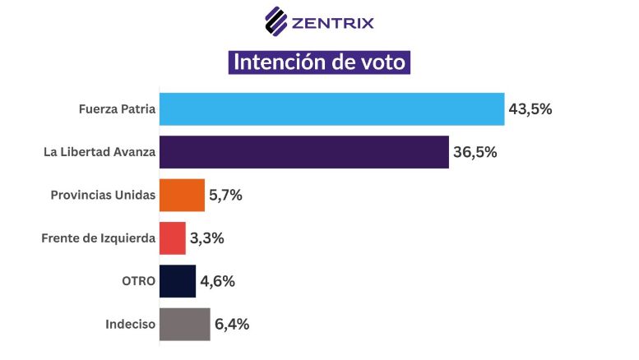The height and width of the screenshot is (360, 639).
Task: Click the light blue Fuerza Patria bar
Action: coord(331,108)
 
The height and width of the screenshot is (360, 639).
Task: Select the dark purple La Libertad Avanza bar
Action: coord(303,152)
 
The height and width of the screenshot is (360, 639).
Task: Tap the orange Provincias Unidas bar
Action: coord(181,196)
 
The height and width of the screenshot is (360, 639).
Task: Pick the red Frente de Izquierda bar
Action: coord(172,238)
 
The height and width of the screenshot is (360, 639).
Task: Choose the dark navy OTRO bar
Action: coord(177,281)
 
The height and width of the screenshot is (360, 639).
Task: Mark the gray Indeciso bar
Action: coord(184,324)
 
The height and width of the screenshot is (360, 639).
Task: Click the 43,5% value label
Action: coord(530,109)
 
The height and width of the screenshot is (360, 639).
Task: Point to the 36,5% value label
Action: coord(475,152)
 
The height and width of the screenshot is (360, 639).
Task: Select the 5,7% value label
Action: coord(225,196)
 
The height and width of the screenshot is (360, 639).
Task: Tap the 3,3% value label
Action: coord(207,238)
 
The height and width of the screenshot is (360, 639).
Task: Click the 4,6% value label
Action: coord(217,281)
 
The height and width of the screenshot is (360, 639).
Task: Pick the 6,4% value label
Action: coord(232,324)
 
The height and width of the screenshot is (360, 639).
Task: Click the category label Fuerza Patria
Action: coord(117,109)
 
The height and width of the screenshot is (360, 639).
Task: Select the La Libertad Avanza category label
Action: coord(100,152)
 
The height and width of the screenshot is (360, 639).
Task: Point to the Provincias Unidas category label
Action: coord(103,196)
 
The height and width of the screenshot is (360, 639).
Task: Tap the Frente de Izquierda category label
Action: coord(98,238)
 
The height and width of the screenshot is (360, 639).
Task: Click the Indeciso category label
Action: coord(130,324)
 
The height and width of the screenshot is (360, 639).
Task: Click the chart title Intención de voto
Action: coord(319,62)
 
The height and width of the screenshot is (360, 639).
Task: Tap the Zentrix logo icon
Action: coord(276,21)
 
